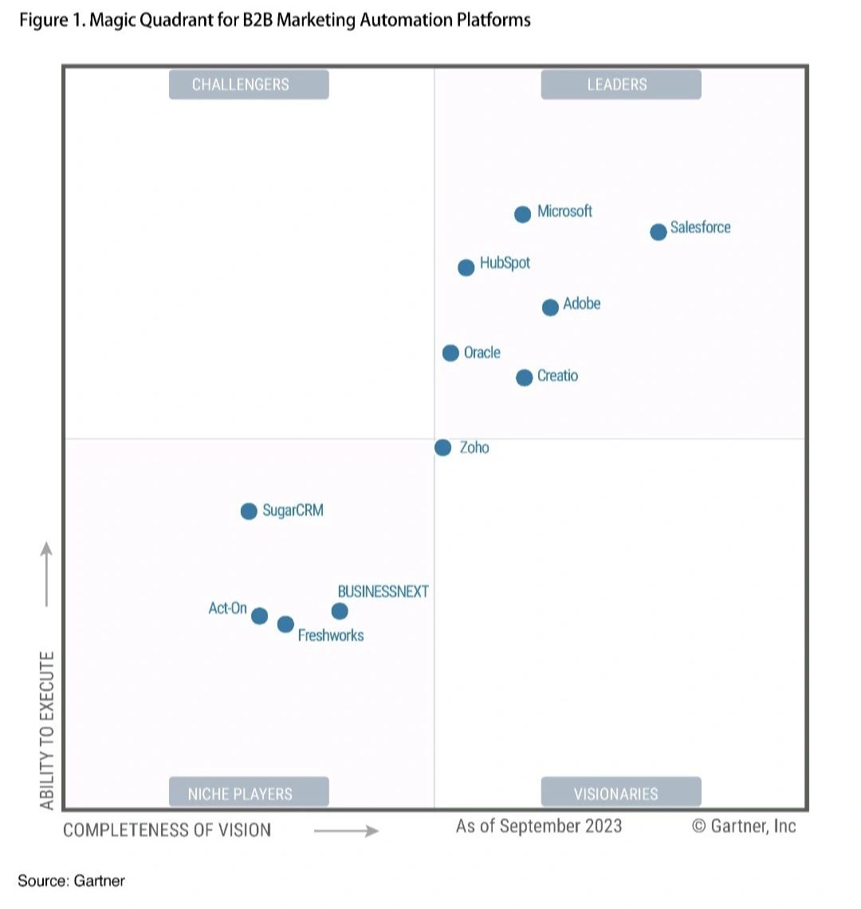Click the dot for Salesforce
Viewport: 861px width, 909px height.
click(658, 232)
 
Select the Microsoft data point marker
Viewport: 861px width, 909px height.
click(522, 214)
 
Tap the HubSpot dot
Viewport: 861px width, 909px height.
click(466, 267)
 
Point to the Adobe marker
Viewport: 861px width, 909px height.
click(550, 307)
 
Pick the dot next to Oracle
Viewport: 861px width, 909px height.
click(450, 352)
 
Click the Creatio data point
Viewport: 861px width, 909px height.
click(524, 377)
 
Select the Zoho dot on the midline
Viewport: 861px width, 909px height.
click(442, 447)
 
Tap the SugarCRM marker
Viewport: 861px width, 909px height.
click(249, 511)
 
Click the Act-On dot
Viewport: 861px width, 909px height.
click(259, 616)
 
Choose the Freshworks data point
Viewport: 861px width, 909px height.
click(285, 624)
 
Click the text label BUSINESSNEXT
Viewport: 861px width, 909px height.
click(383, 592)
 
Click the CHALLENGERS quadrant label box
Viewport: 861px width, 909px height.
click(249, 85)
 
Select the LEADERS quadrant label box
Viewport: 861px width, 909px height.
click(620, 85)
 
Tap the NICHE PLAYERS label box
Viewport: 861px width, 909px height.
click(249, 793)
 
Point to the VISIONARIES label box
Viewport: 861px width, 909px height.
click(620, 793)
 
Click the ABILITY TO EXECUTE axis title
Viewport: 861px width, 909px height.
click(48, 730)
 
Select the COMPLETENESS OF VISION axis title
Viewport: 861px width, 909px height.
click(167, 830)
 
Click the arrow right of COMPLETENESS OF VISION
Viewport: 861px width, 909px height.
click(346, 831)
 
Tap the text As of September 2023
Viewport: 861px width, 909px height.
click(538, 826)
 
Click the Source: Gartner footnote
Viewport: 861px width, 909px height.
click(71, 880)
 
